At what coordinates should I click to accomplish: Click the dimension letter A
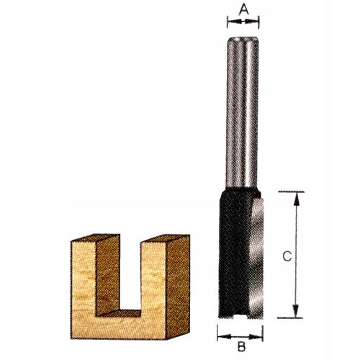pos(243,9)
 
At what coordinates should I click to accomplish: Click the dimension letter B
pos(241,346)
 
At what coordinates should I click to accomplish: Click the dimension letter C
pos(287,256)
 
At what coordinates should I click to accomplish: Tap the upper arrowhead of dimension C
pos(297,199)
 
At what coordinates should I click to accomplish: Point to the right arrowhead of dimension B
pos(256,337)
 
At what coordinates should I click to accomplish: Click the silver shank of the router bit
pos(242,112)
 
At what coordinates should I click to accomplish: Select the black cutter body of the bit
pos(235,252)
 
